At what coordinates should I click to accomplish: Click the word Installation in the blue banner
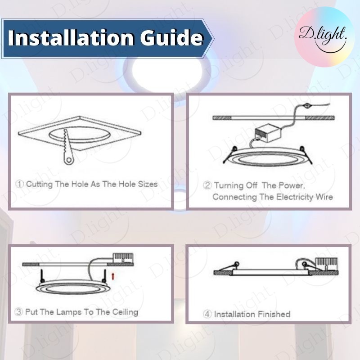(71, 37)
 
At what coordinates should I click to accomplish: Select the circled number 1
(20, 184)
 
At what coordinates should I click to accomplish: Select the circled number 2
(207, 185)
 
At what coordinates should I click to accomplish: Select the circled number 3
(18, 312)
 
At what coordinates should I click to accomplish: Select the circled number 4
(207, 314)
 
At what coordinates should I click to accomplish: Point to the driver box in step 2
(268, 133)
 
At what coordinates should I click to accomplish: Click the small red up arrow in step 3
(113, 276)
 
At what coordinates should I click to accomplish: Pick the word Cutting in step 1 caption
(39, 184)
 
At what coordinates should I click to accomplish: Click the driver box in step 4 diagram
(326, 264)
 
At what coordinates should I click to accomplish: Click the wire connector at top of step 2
(306, 106)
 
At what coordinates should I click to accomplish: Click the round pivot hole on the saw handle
(68, 160)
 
